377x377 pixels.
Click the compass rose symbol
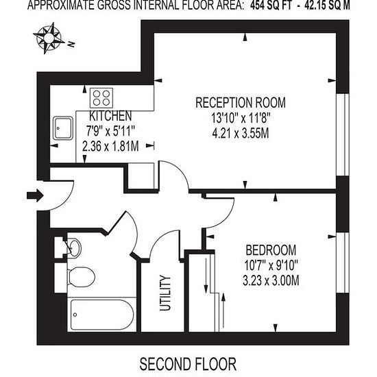coord(49,38)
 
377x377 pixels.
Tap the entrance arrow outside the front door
coord(35,195)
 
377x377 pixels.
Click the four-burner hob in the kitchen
coord(101,98)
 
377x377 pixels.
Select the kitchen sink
coord(63,128)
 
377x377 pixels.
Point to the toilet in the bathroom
coord(82,276)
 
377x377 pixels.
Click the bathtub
coord(102,315)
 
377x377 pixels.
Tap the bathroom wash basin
coord(74,248)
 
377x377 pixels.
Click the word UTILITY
coord(165,293)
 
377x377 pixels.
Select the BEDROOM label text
coord(271,250)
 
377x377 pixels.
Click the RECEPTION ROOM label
coord(241,102)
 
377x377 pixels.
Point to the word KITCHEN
coord(110,116)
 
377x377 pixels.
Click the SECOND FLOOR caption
coord(188,364)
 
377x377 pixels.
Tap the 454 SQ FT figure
coord(271,5)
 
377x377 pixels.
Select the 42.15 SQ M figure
coord(327,5)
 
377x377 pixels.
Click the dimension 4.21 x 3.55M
coord(241,133)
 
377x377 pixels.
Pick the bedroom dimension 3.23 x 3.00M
coord(271,280)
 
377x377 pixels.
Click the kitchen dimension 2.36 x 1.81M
coord(110,146)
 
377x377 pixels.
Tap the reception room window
coord(342,134)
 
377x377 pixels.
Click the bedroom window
coord(342,263)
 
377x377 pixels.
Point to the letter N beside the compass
coord(71,45)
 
